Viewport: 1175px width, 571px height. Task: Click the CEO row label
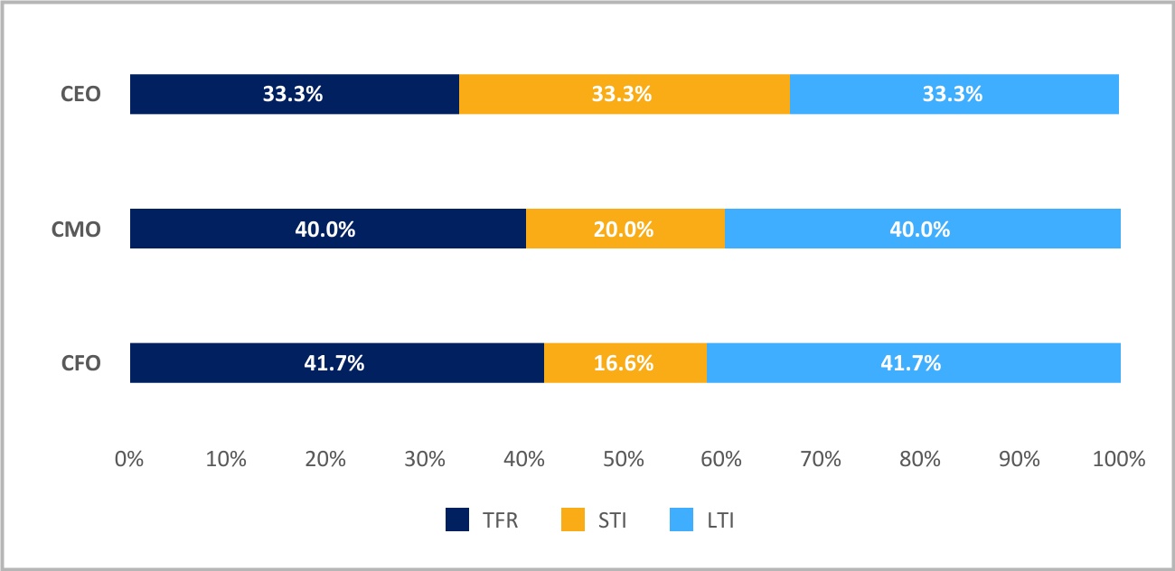[x=80, y=94]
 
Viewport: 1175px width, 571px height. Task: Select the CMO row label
[x=76, y=229]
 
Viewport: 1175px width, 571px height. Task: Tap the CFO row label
[x=80, y=363]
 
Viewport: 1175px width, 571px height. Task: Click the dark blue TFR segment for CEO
[x=295, y=94]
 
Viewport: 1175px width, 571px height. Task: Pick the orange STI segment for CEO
[x=625, y=94]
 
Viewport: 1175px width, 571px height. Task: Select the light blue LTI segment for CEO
[x=954, y=94]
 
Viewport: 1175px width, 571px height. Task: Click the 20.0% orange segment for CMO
[x=625, y=229]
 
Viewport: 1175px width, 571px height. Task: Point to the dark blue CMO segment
[x=328, y=229]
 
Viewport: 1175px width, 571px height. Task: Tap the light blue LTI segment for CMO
[x=923, y=229]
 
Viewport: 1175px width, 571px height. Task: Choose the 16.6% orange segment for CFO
[x=625, y=363]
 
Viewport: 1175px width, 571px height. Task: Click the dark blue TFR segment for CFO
[x=337, y=363]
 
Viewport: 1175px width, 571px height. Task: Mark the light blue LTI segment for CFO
[x=914, y=363]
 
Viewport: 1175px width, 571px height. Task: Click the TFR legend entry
[x=482, y=520]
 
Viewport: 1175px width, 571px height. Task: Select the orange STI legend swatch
[x=573, y=520]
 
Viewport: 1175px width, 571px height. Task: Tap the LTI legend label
[x=720, y=520]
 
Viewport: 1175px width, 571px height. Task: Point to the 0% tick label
[x=129, y=459]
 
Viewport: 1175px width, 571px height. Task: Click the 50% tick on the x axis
[x=623, y=459]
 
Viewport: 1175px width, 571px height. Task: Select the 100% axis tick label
[x=1119, y=459]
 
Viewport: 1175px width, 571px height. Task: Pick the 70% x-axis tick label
[x=821, y=459]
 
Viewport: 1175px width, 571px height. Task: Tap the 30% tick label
[x=425, y=459]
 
